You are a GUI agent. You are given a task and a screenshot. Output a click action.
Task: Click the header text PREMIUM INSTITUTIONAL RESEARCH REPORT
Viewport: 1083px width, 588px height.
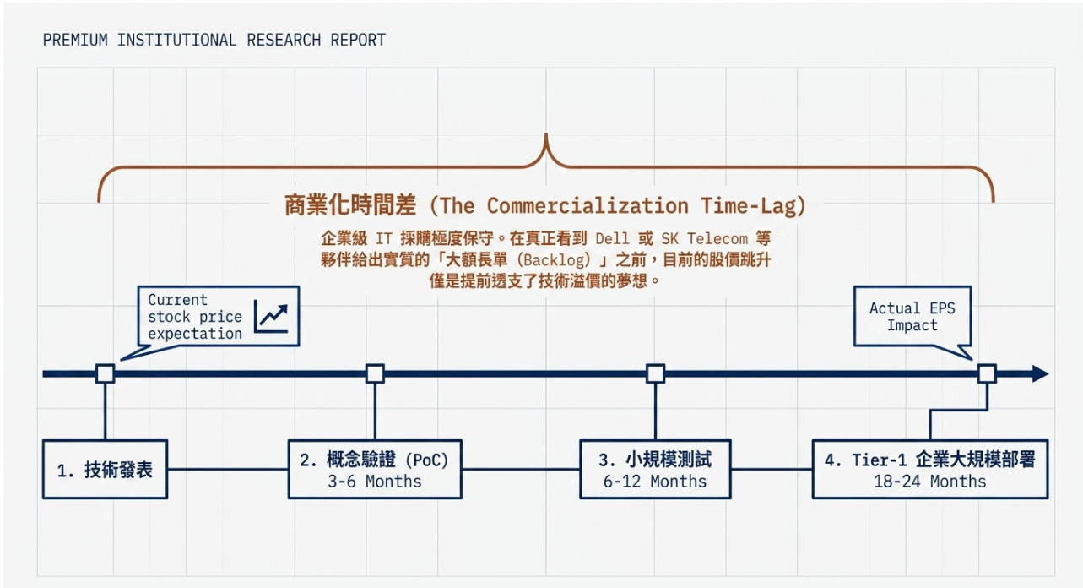point(214,40)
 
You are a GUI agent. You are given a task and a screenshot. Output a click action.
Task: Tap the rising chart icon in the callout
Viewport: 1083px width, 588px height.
point(271,316)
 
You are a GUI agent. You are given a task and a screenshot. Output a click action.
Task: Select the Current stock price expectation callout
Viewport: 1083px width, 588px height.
point(219,316)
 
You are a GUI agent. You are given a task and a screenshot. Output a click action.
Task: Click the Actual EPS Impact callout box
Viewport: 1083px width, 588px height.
point(912,316)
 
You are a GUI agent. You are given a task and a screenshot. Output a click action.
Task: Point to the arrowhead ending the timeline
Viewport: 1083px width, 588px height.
point(1041,373)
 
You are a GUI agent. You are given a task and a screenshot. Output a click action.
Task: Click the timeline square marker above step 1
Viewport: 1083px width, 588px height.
point(105,373)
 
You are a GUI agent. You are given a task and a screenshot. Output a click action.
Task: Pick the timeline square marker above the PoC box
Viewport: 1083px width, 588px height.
point(375,373)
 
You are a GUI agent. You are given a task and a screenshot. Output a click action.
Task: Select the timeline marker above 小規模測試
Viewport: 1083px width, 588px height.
point(655,373)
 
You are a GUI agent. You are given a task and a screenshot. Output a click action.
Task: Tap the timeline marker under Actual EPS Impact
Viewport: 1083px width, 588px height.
point(987,373)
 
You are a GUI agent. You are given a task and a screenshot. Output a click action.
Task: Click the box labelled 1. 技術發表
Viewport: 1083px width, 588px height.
point(105,469)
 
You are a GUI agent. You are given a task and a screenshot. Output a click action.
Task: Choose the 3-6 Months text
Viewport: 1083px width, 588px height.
point(375,482)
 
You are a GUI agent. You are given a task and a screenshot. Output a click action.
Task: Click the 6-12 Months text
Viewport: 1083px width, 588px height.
point(655,482)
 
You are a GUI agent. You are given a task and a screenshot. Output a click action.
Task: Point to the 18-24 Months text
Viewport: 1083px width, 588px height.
point(929,482)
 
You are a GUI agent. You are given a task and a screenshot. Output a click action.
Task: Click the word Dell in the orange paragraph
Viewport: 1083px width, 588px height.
point(612,238)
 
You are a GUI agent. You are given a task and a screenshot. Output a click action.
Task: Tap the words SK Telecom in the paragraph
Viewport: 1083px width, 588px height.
point(705,238)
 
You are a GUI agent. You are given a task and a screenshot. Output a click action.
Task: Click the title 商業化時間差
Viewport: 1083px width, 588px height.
point(350,205)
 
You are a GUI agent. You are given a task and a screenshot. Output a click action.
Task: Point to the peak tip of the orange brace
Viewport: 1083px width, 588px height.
point(546,134)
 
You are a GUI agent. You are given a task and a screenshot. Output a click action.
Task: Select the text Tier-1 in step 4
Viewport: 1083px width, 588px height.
point(879,460)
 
